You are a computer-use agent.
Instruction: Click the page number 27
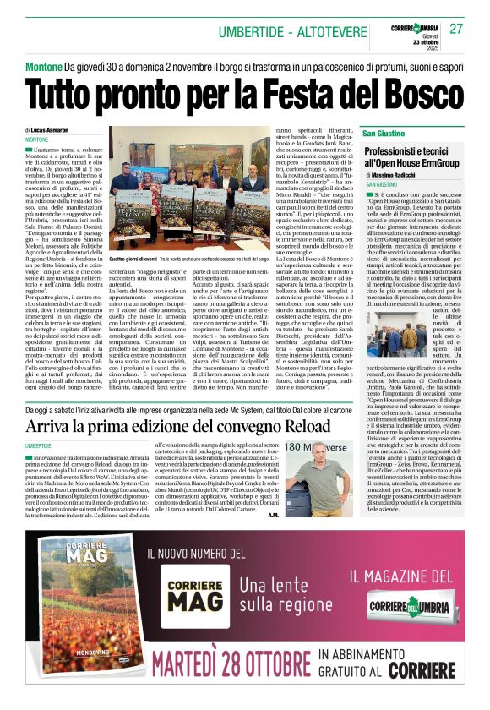pos(456,28)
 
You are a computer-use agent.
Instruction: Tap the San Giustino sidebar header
pos(383,134)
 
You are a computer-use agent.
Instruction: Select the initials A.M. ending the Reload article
pos(273,514)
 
